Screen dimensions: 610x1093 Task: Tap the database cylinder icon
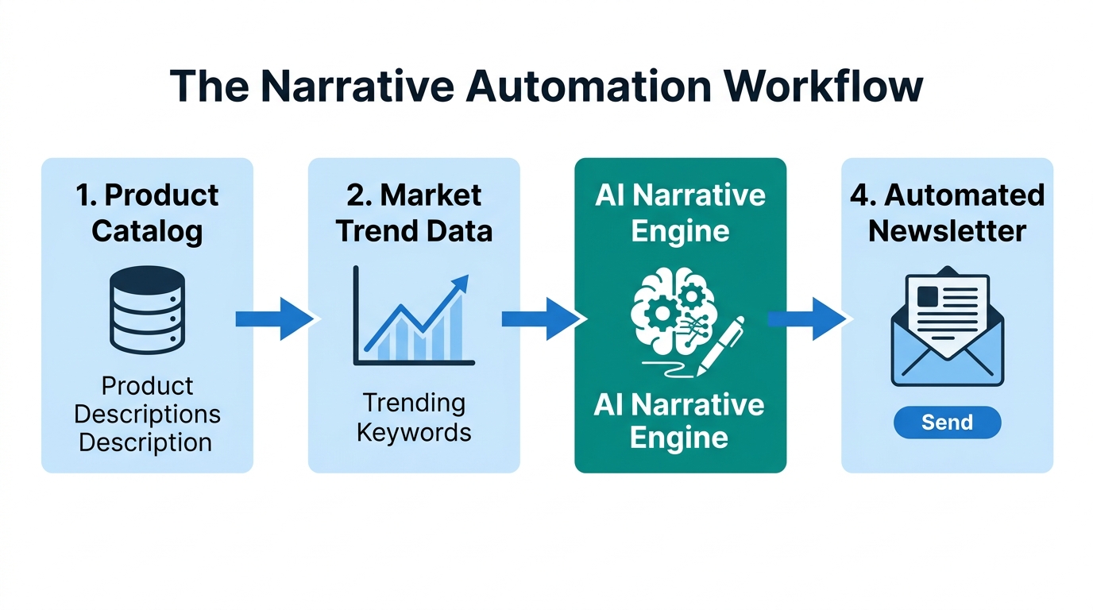pos(148,310)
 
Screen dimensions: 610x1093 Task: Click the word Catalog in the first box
pos(147,231)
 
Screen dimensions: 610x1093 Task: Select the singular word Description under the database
pos(145,442)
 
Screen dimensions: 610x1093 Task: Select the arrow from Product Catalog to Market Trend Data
pos(274,319)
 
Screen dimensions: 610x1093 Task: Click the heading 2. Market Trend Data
pos(414,213)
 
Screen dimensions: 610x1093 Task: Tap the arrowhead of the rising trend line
pos(460,284)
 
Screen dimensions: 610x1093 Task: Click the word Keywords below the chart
pos(414,433)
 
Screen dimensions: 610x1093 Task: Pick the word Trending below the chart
pos(414,403)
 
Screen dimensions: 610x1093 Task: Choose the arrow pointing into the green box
pos(541,319)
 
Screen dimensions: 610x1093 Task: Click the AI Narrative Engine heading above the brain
pos(680,213)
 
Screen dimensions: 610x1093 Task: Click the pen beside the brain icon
pos(721,346)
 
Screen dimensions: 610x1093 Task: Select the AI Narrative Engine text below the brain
pos(679,421)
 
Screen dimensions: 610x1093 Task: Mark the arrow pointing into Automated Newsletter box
pos(807,319)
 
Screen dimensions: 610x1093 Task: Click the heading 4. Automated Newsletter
pos(947,213)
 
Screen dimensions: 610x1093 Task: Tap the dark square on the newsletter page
pos(927,297)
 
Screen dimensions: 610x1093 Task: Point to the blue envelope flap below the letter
pos(947,365)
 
